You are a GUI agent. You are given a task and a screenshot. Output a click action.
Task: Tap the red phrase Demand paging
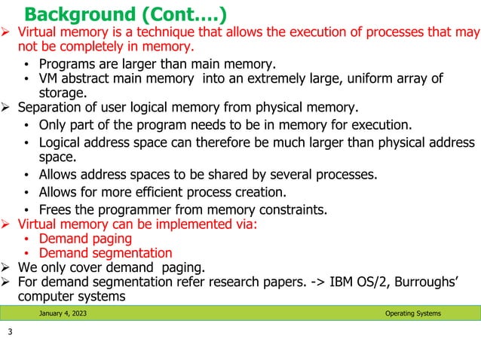(x=80, y=239)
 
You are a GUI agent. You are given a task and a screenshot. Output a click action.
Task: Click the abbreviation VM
(x=50, y=79)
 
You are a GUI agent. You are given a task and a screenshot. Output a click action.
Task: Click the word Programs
(x=67, y=63)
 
